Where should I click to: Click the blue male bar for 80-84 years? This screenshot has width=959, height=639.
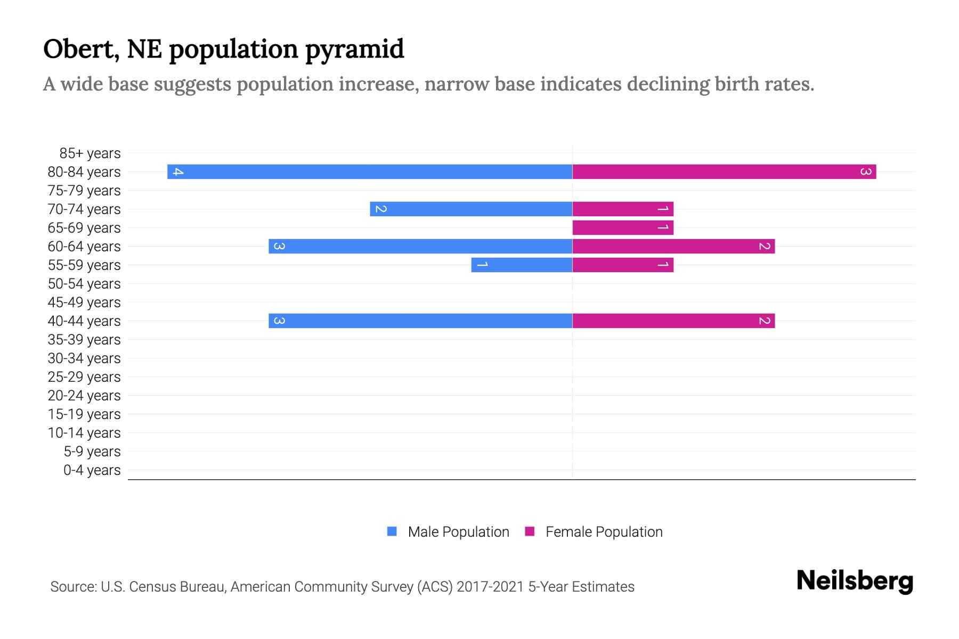pyautogui.click(x=370, y=172)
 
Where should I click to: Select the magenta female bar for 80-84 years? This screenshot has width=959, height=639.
pyautogui.click(x=724, y=172)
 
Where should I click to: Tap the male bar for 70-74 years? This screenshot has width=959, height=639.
pyautogui.click(x=471, y=209)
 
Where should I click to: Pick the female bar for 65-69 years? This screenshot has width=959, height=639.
pyautogui.click(x=622, y=228)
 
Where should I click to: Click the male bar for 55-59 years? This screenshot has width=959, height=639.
pyautogui.click(x=522, y=265)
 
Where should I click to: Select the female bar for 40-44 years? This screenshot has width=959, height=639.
pyautogui.click(x=673, y=321)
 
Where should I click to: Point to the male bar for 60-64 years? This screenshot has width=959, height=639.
pyautogui.click(x=420, y=247)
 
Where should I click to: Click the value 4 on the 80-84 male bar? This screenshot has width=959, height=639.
pyautogui.click(x=178, y=172)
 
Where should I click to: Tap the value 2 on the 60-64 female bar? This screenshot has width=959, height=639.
pyautogui.click(x=764, y=247)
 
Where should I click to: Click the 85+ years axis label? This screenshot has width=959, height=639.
pyautogui.click(x=90, y=153)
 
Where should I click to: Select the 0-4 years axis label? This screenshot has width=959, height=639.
pyautogui.click(x=92, y=470)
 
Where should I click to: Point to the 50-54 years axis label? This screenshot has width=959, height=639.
pyautogui.click(x=84, y=284)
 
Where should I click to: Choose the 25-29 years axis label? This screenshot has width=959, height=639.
pyautogui.click(x=84, y=377)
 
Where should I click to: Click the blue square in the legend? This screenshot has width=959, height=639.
pyautogui.click(x=392, y=531)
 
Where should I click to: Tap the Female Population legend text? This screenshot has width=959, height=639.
pyautogui.click(x=604, y=532)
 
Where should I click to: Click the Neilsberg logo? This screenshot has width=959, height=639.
pyautogui.click(x=855, y=581)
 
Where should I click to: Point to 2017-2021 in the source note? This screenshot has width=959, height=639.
pyautogui.click(x=490, y=587)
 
